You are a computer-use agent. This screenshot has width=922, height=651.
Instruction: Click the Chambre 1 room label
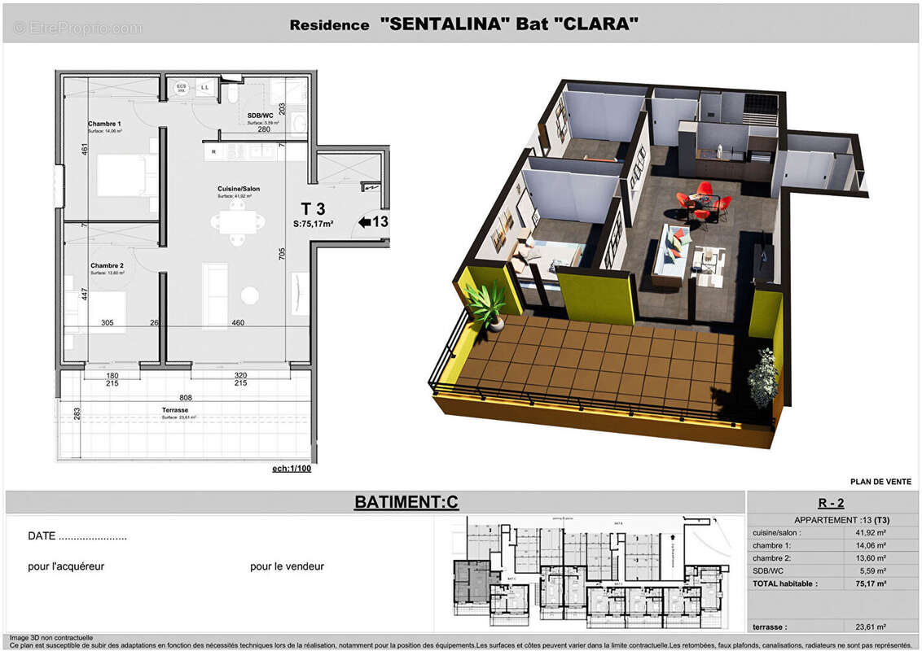tap(104, 124)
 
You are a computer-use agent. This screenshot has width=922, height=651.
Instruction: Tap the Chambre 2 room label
tap(107, 265)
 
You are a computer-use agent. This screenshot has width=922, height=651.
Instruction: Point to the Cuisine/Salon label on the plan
tap(238, 189)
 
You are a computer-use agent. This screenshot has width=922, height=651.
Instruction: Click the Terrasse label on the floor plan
tap(175, 410)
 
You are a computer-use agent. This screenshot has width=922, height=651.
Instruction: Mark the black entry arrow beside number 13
tap(364, 221)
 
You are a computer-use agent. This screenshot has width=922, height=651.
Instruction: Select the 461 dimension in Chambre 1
tap(83, 150)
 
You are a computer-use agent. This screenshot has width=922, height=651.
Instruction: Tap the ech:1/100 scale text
tap(292, 469)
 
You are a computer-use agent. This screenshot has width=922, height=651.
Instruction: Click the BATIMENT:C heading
tap(406, 502)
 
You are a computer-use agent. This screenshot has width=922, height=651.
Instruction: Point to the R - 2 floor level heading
tap(831, 503)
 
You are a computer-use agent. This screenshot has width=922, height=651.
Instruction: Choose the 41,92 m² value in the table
tap(870, 532)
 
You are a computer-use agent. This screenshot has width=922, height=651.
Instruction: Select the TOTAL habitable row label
tap(784, 583)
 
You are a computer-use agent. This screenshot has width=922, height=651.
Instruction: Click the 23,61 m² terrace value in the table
tap(870, 627)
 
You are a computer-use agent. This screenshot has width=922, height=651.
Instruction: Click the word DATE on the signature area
tap(42, 536)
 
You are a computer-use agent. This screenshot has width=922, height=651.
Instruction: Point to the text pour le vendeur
tap(287, 566)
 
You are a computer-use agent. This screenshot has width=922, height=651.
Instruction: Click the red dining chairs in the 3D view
tap(699, 201)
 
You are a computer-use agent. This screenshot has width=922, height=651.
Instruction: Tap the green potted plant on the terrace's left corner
tap(489, 304)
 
